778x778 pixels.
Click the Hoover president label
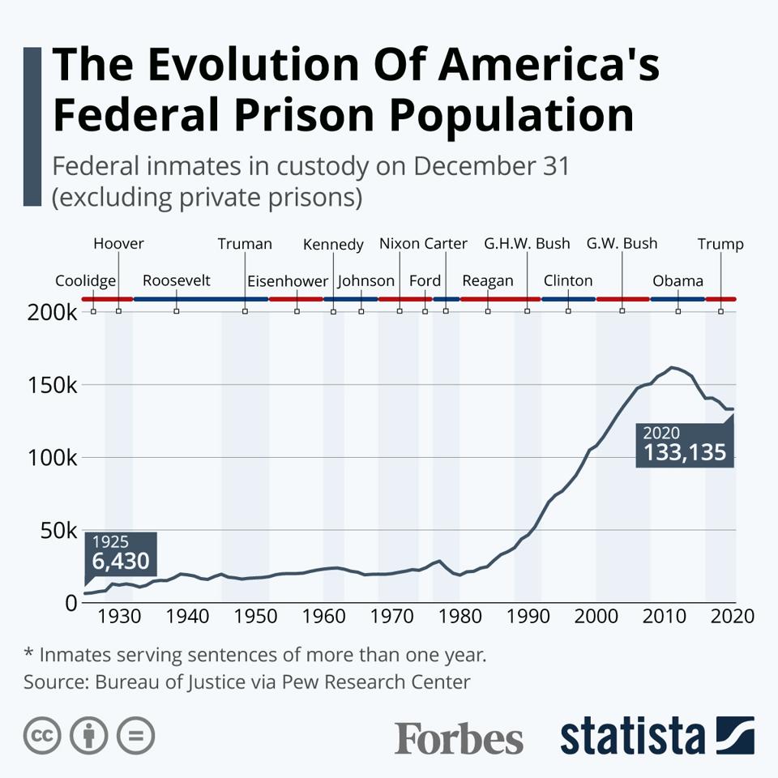click(x=118, y=243)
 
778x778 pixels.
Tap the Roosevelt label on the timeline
click(x=176, y=280)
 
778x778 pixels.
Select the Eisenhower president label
click(x=288, y=281)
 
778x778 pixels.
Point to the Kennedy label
click(x=333, y=245)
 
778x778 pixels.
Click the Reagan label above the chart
click(x=488, y=280)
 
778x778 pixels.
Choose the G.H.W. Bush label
click(x=527, y=243)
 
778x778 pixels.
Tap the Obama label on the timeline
click(x=678, y=281)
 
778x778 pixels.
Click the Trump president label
click(x=720, y=244)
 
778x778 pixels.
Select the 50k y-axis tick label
click(x=59, y=531)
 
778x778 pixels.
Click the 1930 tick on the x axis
click(x=119, y=617)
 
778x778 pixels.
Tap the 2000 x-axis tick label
click(x=596, y=617)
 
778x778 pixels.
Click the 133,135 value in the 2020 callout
click(x=685, y=452)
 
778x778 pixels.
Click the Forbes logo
click(x=459, y=738)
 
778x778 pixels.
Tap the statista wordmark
click(x=632, y=737)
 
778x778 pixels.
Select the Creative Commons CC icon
click(x=43, y=736)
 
